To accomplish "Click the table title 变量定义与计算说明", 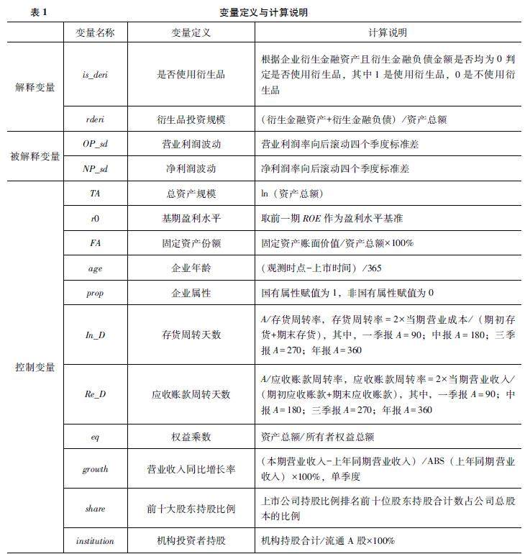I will (x=265, y=13).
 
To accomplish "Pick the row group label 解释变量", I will (x=35, y=87).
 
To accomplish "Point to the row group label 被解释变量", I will (x=35, y=156).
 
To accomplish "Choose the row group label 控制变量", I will (x=35, y=368).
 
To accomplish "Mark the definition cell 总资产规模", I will (x=176, y=194).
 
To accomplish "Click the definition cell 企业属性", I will (x=176, y=293).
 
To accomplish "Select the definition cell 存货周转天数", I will (x=176, y=333).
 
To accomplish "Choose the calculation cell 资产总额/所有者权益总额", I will (x=316, y=436).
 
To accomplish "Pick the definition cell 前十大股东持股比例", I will (x=176, y=509).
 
